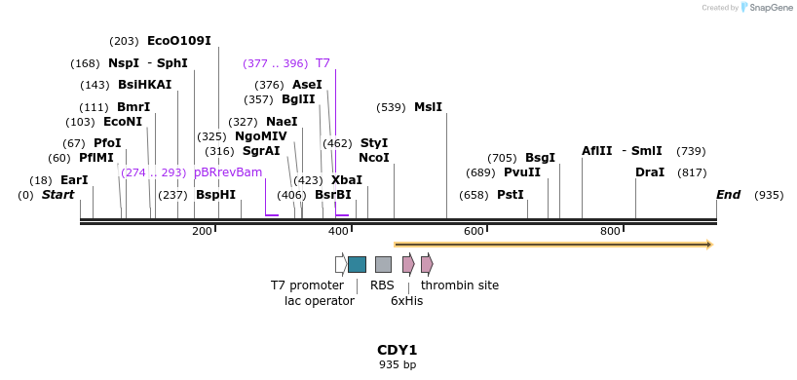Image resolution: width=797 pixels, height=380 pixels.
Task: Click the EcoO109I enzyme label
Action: pos(178,41)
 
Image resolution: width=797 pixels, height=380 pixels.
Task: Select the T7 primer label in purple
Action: pos(323,63)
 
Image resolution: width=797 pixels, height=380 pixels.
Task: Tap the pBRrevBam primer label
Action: pos(228,172)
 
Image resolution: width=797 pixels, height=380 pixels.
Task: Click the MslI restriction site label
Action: pos(428,107)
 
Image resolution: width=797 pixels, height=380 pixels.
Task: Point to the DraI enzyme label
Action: pos(650,172)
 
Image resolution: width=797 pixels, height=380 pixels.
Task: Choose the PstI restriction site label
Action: pos(511,195)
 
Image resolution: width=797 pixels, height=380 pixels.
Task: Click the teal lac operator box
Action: pos(357,264)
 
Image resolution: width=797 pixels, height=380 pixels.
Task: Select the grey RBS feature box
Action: pos(383,264)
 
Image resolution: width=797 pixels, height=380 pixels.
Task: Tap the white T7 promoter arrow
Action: pos(340,264)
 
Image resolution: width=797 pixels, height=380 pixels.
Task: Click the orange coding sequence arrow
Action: pos(552,245)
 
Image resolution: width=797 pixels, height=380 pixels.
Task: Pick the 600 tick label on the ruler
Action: pos(474,231)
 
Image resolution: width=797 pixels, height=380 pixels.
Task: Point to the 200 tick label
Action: pos(202,231)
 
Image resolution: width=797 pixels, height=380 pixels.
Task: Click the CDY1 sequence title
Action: pos(398,350)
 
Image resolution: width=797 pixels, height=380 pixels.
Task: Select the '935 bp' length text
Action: pos(398,365)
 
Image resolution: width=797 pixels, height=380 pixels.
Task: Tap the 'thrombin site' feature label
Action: pos(460,285)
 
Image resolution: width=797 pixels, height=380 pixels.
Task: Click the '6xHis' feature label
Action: pos(406,301)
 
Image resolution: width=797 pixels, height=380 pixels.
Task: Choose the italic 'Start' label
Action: pos(57,195)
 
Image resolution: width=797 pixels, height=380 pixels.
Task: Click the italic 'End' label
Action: pos(729,195)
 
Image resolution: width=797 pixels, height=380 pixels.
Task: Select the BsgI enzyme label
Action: pos(540,158)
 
